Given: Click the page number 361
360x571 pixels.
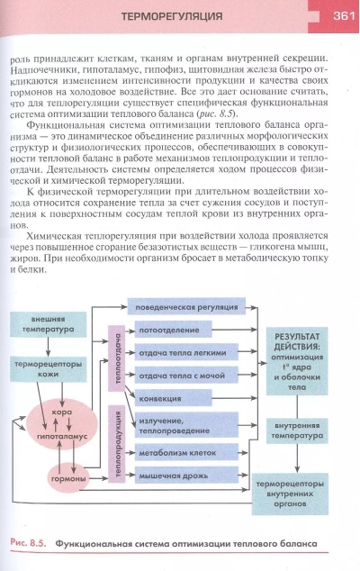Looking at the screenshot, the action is point(344,15).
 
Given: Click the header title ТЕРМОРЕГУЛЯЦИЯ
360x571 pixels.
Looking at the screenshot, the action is point(171,16).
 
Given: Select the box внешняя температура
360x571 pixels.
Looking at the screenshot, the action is point(48,324).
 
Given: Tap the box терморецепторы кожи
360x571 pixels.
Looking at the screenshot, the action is point(48,368).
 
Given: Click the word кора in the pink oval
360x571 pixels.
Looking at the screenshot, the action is point(62,412).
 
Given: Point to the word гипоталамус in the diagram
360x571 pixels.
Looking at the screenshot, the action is point(62,436).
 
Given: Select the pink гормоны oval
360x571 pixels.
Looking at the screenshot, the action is point(68,478).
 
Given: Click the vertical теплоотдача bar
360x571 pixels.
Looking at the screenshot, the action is point(117,358).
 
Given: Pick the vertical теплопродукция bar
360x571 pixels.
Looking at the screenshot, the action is point(117,443).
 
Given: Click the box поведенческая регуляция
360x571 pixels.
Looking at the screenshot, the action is point(186,307).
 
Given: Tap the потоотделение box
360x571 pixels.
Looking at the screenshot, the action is point(174,330).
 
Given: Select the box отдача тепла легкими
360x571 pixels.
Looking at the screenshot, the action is point(186,352).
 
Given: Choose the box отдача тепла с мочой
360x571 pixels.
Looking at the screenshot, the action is point(186,376).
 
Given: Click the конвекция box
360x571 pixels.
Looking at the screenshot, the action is point(174,398).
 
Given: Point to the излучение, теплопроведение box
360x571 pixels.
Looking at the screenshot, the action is point(186,425).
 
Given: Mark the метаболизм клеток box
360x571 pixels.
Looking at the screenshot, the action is point(186,453).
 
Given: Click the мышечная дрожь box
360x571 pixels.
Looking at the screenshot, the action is point(186,476).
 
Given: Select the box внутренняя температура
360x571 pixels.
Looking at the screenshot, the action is point(297,431).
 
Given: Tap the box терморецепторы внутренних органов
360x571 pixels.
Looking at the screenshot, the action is point(290,494).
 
